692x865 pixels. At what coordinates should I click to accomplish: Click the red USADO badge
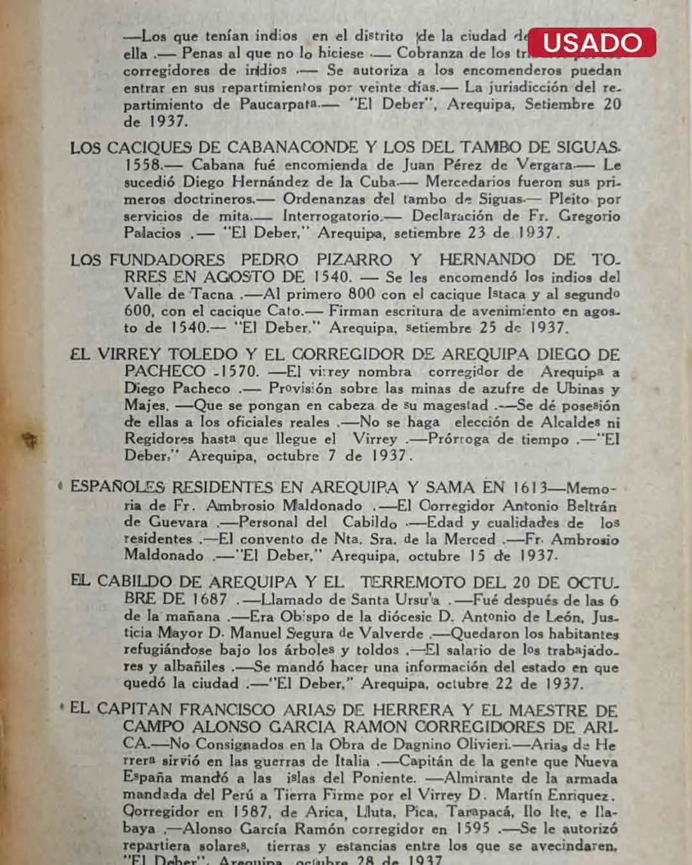tap(592, 42)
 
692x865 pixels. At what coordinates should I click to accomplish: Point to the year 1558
tap(142, 165)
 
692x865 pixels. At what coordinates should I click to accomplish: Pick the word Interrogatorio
tap(333, 216)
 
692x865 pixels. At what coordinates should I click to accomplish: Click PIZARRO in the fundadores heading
tap(354, 260)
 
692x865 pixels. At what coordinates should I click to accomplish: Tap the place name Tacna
tap(213, 295)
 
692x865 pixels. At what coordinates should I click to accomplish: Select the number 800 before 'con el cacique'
tap(361, 295)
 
